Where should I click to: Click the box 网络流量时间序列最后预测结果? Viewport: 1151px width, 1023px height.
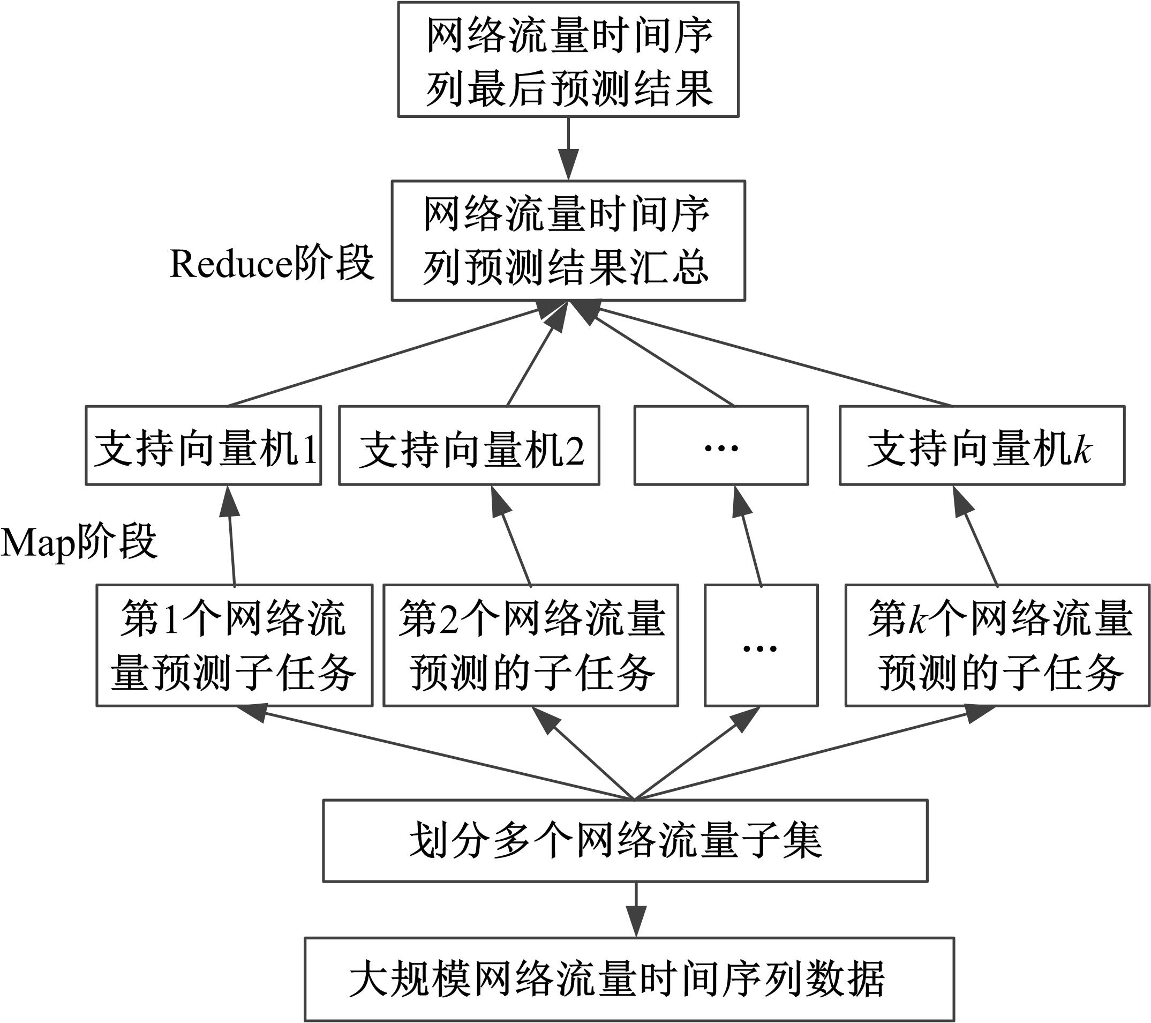click(568, 59)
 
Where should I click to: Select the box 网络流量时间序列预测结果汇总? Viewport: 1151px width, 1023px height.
click(568, 241)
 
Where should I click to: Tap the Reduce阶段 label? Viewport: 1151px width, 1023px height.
click(272, 263)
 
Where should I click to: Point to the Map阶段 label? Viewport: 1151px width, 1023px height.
click(79, 542)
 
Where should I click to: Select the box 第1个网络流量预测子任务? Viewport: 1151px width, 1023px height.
click(234, 646)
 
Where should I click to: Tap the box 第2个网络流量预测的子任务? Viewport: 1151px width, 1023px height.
click(530, 646)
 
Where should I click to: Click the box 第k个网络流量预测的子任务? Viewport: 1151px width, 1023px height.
click(997, 646)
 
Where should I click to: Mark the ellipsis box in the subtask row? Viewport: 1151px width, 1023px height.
click(761, 646)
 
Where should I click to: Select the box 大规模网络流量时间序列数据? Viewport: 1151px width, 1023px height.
click(629, 979)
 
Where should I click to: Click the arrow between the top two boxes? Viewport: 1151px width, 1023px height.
click(568, 147)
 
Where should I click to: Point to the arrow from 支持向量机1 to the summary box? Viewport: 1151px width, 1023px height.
click(383, 358)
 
